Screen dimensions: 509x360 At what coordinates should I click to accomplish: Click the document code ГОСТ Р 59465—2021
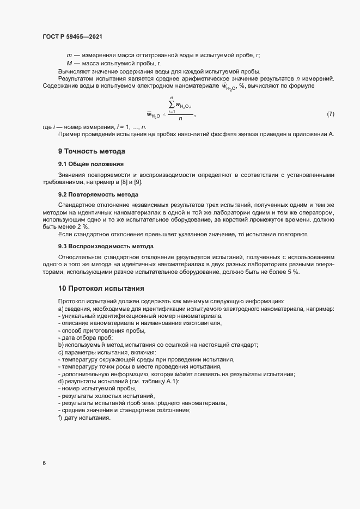72,36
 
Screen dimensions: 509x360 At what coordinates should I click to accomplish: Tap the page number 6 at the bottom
44,463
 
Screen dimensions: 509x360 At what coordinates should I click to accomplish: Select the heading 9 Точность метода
91,151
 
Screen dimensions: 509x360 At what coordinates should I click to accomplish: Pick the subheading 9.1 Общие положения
91,164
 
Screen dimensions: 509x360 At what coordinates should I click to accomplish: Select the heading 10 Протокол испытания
101,288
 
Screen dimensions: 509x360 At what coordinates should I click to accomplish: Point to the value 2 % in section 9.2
81,226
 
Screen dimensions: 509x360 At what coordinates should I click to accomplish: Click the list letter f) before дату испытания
60,418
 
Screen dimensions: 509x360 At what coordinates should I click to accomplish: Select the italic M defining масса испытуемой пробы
70,64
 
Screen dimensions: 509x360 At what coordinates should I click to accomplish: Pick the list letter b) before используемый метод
60,345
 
